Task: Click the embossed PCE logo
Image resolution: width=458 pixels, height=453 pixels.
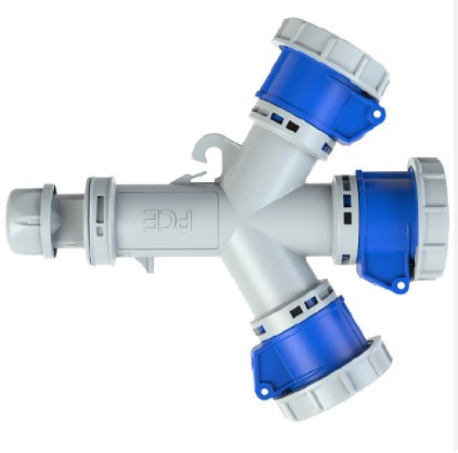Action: tap(168, 220)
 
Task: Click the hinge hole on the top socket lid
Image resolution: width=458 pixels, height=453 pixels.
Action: tap(377, 113)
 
